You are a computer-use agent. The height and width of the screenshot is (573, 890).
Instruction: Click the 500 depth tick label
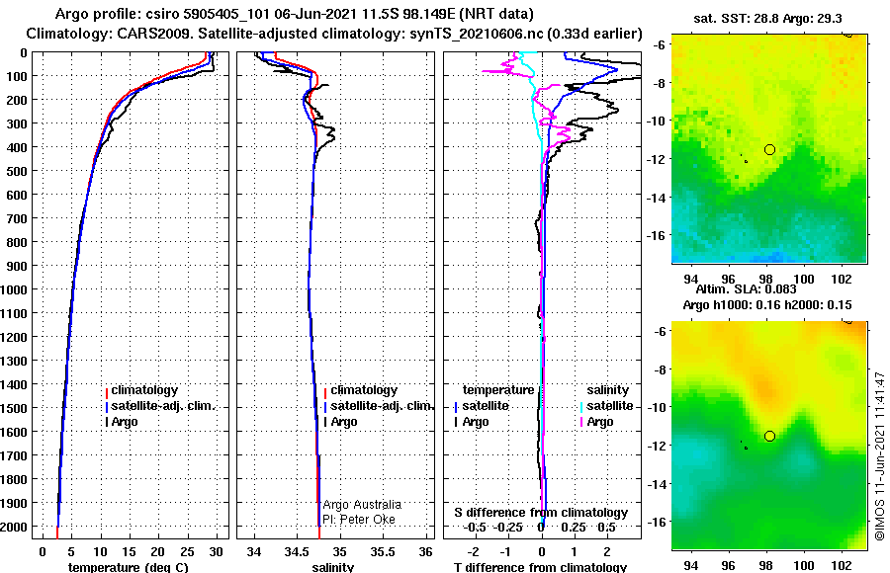[16, 171]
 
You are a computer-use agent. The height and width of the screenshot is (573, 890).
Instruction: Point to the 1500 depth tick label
[14, 408]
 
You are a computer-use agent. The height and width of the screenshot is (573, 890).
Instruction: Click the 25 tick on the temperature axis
[187, 551]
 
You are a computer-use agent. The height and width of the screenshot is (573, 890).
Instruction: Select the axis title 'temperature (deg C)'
[128, 567]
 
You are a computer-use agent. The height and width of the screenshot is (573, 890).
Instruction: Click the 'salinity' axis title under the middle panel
[333, 567]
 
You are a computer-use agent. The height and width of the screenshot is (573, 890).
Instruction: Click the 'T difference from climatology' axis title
[540, 567]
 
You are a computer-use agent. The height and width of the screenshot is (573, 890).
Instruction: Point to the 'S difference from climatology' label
[541, 513]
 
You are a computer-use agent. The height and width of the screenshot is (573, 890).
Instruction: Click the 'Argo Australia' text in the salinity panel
[362, 505]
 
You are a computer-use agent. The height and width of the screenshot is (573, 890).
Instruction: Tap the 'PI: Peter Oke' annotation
[359, 519]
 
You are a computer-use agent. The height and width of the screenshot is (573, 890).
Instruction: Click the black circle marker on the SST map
[769, 150]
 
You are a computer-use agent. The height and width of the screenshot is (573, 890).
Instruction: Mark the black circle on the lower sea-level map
[769, 437]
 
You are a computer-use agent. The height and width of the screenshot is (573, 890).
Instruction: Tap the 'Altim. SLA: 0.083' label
[746, 288]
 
